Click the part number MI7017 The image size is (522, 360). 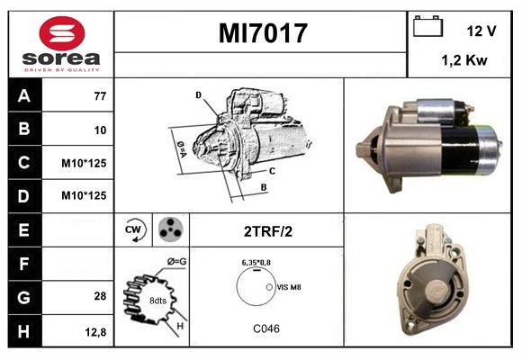[263, 33]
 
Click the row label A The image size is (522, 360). [23, 95]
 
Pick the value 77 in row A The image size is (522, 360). [100, 95]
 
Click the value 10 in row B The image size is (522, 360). [100, 130]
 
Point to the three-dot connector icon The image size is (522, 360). [170, 229]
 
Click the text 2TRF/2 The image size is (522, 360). [267, 231]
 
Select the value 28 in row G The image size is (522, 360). [100, 296]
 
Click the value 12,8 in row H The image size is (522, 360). [96, 331]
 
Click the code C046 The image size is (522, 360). [265, 328]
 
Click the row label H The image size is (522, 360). [23, 330]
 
